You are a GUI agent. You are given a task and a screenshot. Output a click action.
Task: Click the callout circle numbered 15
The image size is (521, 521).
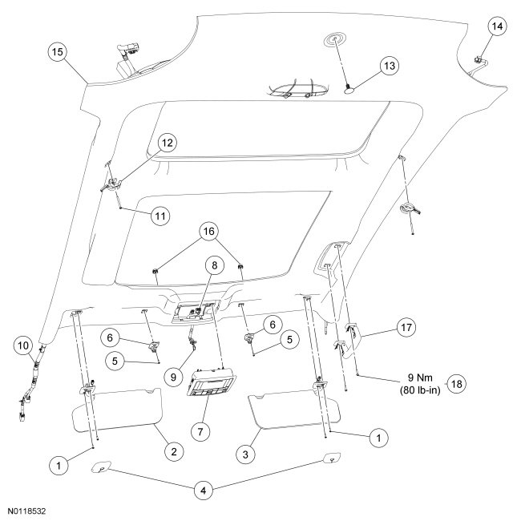click(58, 51)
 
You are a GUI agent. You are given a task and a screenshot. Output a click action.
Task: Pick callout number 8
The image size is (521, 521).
click(214, 264)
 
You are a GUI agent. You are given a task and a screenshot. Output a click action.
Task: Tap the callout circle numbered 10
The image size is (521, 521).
click(23, 345)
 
